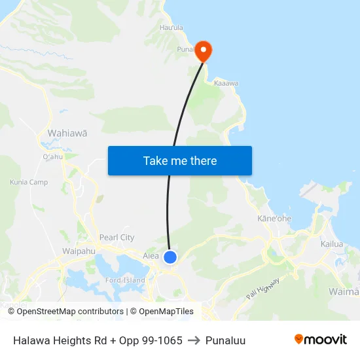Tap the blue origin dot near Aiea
point(170,257)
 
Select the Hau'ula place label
point(171,27)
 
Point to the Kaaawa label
point(226,84)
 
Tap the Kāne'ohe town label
point(274,218)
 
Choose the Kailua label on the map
point(332,244)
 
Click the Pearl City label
point(117,238)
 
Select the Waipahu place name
point(79,251)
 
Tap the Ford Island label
point(125,280)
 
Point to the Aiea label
point(151,256)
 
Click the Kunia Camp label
point(29,182)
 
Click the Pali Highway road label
point(264,286)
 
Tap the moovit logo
point(320,340)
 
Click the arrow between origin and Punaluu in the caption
point(194,340)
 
